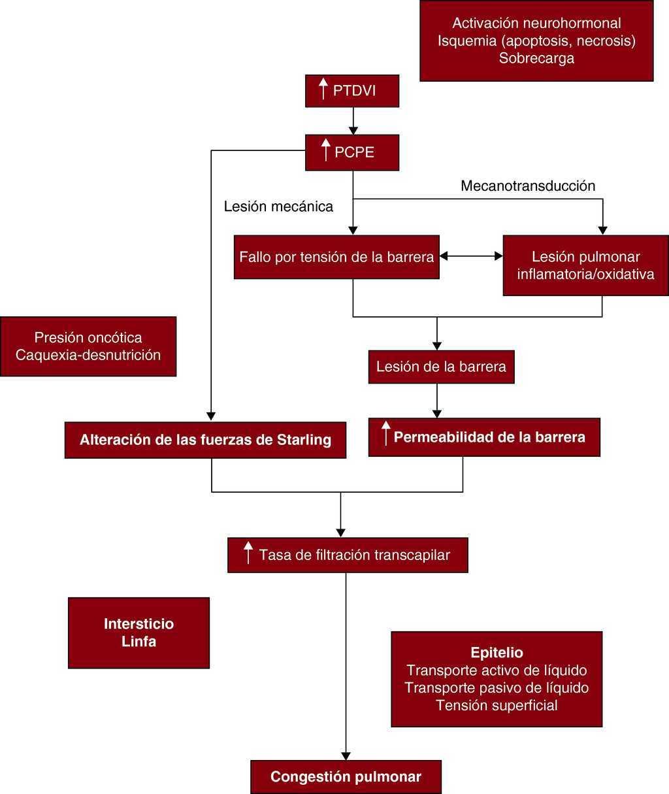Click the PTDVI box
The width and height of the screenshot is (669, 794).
coord(352,91)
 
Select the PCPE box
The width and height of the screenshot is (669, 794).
coord(352,152)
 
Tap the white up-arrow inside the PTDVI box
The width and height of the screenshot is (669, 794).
coord(322,90)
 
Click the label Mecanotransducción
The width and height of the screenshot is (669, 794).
coord(528,186)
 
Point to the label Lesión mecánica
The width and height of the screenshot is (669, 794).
coord(278,207)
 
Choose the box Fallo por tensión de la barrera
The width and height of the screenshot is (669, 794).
coord(336,257)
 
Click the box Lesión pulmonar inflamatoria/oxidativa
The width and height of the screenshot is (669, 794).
coord(585,265)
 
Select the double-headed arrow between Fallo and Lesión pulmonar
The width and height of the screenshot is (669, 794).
coord(471,257)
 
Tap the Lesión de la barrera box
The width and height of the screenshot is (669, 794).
coord(441,367)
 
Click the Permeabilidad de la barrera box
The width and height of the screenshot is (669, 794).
coord(484,437)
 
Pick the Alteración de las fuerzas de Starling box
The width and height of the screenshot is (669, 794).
coord(205,440)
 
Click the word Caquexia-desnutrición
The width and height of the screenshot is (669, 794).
coord(88,355)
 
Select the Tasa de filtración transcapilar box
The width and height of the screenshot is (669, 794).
coord(348,555)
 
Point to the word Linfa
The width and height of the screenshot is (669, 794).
coord(139,641)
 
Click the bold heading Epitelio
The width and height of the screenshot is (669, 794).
coord(497,653)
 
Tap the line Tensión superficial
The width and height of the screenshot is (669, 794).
coord(497,705)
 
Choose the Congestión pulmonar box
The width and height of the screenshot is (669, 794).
coord(346,777)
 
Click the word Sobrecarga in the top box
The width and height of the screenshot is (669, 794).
coord(536,58)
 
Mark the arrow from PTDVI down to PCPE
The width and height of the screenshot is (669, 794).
coord(353,121)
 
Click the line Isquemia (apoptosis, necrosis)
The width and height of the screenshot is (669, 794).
coord(536,41)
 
